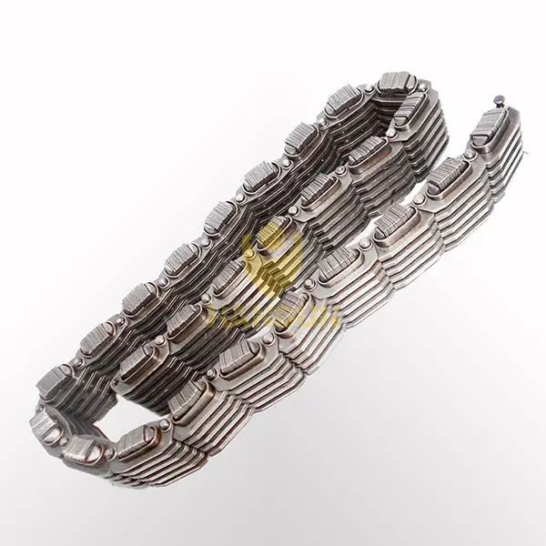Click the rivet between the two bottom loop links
click(110, 451)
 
